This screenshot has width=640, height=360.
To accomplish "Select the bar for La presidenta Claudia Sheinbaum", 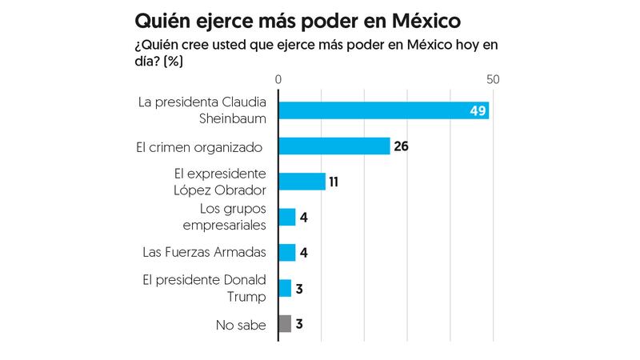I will (382, 110).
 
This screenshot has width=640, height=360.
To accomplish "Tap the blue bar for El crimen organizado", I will (334, 146).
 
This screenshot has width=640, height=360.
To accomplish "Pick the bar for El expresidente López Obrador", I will (302, 182).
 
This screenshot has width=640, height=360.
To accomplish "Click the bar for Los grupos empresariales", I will (286, 217).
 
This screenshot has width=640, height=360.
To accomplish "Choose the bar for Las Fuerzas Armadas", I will (286, 253).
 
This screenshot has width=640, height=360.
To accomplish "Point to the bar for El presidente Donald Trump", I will (285, 288).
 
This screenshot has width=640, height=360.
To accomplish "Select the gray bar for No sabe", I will (285, 324).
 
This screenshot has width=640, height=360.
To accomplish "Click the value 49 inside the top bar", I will (478, 111).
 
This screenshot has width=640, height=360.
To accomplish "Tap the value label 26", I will (402, 146).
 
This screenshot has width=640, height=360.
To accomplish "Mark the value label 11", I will (334, 182).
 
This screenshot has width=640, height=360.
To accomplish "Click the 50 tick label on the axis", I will (493, 80).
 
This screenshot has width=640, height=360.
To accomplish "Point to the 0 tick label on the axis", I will (278, 80).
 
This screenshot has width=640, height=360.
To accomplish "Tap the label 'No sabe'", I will (240, 325).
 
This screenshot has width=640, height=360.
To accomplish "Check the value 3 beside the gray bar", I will (299, 324).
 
